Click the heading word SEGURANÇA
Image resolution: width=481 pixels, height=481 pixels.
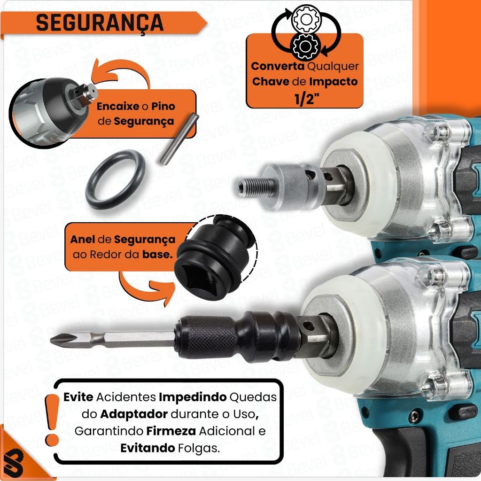click(x=100, y=23)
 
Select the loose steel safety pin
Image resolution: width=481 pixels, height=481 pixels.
click(x=179, y=139)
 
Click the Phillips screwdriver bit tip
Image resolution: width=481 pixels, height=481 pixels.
click(x=58, y=339)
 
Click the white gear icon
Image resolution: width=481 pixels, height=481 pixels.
click(x=305, y=19)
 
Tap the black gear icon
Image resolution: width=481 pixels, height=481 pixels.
click(x=305, y=47)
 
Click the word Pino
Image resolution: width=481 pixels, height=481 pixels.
click(x=163, y=107)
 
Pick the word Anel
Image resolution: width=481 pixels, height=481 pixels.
click(x=82, y=239)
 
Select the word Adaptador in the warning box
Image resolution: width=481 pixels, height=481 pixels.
click(x=134, y=414)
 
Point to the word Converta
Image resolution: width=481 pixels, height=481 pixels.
click(x=278, y=66)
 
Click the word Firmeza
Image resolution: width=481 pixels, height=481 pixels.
click(x=171, y=431)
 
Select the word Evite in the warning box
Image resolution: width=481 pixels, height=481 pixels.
click(x=78, y=397)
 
